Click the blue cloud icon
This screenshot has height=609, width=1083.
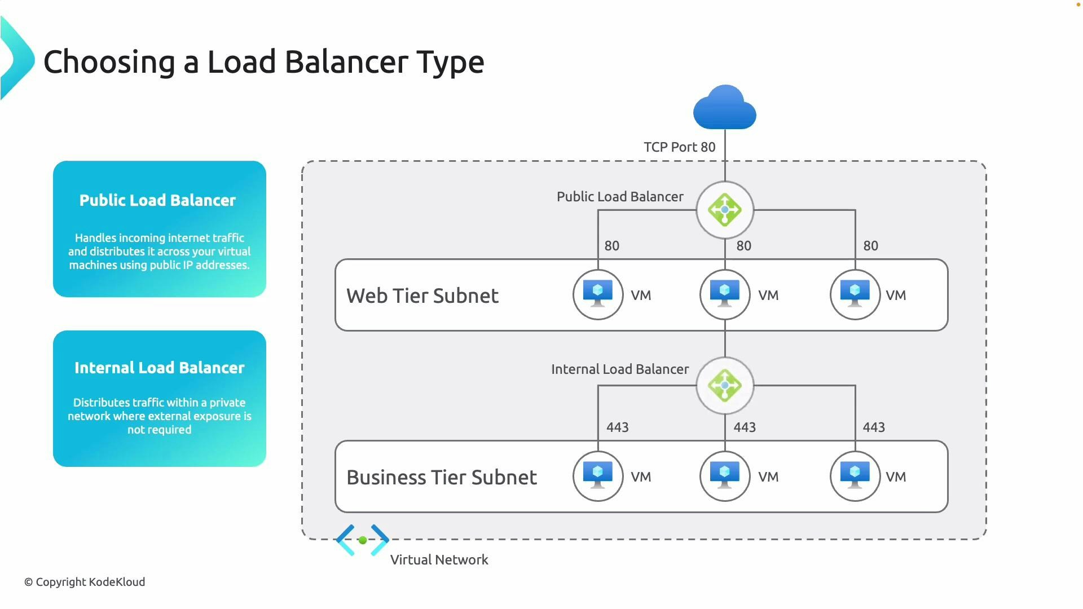click(x=725, y=108)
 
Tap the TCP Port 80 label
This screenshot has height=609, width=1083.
click(x=679, y=147)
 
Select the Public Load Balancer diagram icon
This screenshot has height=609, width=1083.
click(x=725, y=210)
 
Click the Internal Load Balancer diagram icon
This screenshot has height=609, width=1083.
click(x=725, y=386)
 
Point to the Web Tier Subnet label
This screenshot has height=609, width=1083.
click(x=422, y=295)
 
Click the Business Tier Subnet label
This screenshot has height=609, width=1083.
click(x=442, y=477)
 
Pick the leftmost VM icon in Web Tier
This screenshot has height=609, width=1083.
click(x=598, y=294)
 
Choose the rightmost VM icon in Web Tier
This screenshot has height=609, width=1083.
click(x=855, y=294)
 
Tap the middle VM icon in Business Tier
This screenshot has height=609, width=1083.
click(x=725, y=476)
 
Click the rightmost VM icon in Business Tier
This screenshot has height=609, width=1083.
click(x=855, y=476)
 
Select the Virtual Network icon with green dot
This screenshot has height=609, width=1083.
click(x=363, y=540)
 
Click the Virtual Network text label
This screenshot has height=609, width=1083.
click(x=439, y=560)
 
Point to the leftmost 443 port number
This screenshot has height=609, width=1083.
click(x=617, y=427)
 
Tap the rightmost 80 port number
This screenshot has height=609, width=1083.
click(x=870, y=246)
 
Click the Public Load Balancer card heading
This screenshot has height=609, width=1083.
click(x=157, y=200)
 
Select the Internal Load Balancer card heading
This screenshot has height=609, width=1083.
click(x=160, y=368)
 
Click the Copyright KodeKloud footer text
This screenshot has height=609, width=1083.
click(x=85, y=582)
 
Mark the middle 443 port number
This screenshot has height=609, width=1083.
click(x=745, y=427)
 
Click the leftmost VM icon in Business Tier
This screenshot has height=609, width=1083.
click(x=598, y=476)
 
